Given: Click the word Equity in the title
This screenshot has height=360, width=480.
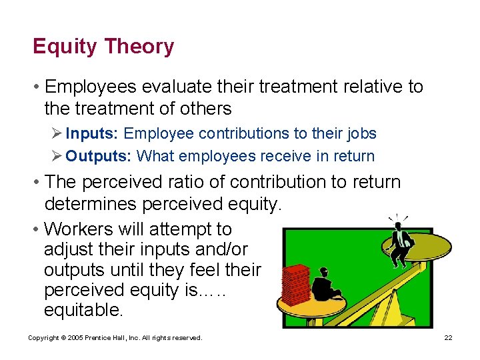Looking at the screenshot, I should (x=63, y=47).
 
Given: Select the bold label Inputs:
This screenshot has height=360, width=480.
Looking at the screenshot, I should (x=93, y=133).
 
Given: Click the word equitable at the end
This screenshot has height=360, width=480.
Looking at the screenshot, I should (x=83, y=310).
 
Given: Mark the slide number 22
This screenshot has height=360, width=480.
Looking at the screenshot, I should (x=448, y=338).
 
